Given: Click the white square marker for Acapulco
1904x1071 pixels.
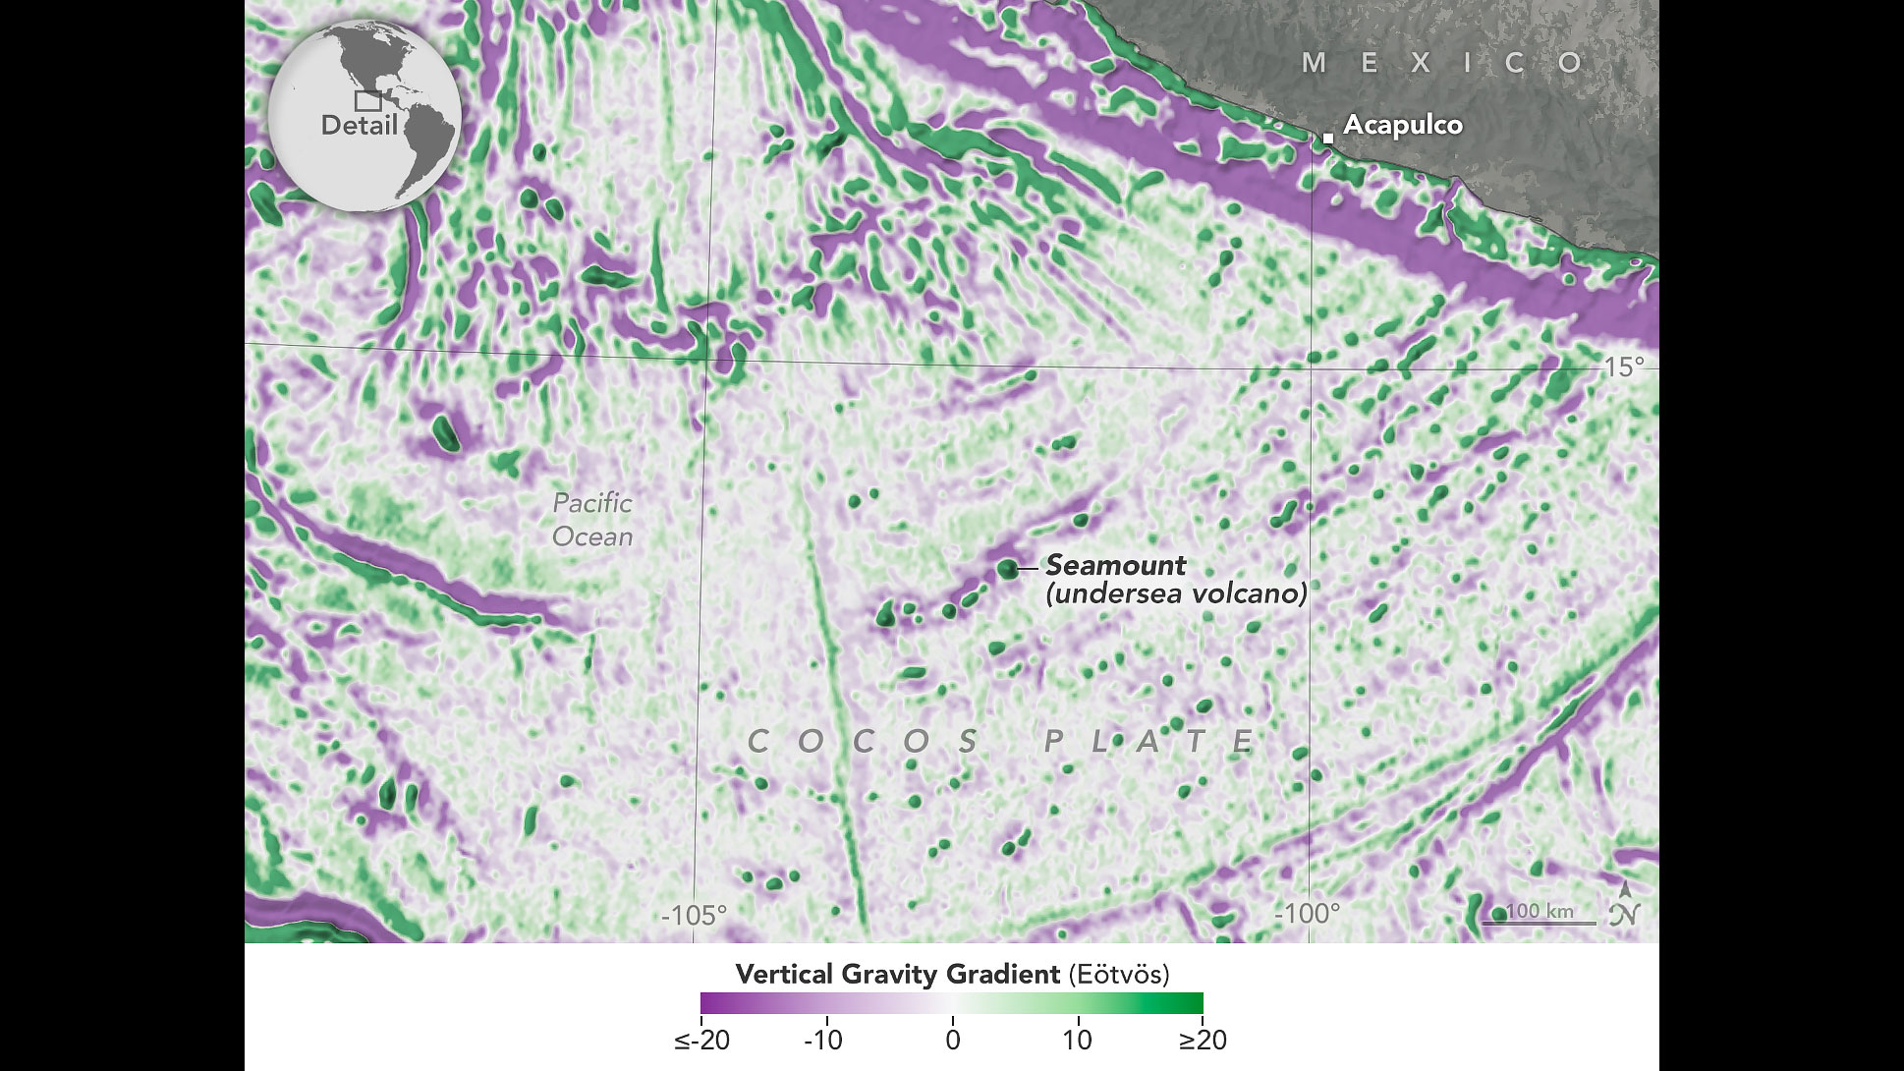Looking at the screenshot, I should tap(1327, 139).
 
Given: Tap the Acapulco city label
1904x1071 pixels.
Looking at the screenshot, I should tap(1403, 125).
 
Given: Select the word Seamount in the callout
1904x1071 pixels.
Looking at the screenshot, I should tap(1115, 565).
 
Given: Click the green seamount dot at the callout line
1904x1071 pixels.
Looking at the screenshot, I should tap(1006, 568).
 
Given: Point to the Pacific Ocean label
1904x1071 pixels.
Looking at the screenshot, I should tap(591, 520).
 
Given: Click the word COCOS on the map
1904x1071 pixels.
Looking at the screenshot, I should tap(864, 741).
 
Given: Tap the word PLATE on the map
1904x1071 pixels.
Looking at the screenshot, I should tap(1148, 741).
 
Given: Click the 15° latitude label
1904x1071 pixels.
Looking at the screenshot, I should tap(1624, 366).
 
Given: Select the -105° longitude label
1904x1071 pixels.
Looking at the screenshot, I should tap(694, 915).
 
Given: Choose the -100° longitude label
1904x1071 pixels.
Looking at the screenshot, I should tap(1307, 914).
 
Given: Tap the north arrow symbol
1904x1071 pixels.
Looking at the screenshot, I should tap(1625, 905).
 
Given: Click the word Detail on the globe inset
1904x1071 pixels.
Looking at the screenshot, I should tap(359, 126).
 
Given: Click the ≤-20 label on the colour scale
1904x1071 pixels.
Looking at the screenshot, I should tap(701, 1040).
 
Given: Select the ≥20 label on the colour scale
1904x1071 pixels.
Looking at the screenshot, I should tap(1202, 1040).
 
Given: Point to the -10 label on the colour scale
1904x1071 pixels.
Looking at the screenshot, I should tap(823, 1040).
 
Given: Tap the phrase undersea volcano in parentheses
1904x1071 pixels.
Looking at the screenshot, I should tap(1176, 593).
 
